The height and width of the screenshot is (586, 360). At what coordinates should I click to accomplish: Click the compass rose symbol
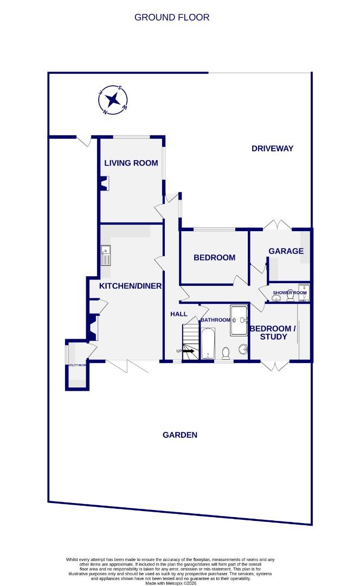(113, 100)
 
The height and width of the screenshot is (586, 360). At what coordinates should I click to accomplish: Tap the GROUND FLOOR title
(171, 17)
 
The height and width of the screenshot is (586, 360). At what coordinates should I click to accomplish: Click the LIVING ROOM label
(131, 163)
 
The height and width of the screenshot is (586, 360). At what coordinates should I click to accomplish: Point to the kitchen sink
(106, 254)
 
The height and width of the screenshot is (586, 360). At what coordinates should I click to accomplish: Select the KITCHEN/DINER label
(130, 285)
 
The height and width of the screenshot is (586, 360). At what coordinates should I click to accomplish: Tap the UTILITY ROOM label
(76, 365)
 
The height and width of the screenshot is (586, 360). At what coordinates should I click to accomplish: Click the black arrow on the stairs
(188, 351)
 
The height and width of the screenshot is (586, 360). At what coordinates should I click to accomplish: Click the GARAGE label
(286, 251)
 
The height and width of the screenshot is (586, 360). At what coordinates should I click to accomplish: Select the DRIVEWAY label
(272, 148)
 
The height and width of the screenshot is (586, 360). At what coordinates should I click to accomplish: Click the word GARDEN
(180, 435)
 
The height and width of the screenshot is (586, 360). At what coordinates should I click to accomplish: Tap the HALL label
(178, 314)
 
